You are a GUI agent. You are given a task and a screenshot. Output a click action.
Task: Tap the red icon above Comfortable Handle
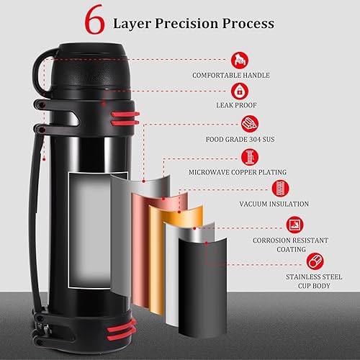click(240, 60)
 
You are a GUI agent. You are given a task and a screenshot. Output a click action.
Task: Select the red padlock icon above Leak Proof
click(240, 91)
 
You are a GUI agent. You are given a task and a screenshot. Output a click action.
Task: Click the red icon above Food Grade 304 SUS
click(250, 124)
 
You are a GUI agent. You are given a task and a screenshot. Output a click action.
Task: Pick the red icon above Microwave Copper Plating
click(250, 157)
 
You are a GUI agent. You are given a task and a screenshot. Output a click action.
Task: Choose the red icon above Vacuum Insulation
click(280, 189)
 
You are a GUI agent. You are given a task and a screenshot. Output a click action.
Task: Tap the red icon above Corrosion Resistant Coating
click(294, 225)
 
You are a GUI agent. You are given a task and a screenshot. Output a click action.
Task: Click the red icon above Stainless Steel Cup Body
click(315, 261)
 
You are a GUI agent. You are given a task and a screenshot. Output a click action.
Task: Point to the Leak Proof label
click(236, 105)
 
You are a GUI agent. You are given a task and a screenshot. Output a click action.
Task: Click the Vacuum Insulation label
click(274, 204)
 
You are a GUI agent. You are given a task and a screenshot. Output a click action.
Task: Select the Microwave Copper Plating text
click(238, 172)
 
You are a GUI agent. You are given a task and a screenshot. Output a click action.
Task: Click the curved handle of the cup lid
click(38, 72)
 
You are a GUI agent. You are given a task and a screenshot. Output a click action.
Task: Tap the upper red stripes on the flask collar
click(125, 118)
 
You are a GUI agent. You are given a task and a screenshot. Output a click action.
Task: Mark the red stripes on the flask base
click(122, 330)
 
